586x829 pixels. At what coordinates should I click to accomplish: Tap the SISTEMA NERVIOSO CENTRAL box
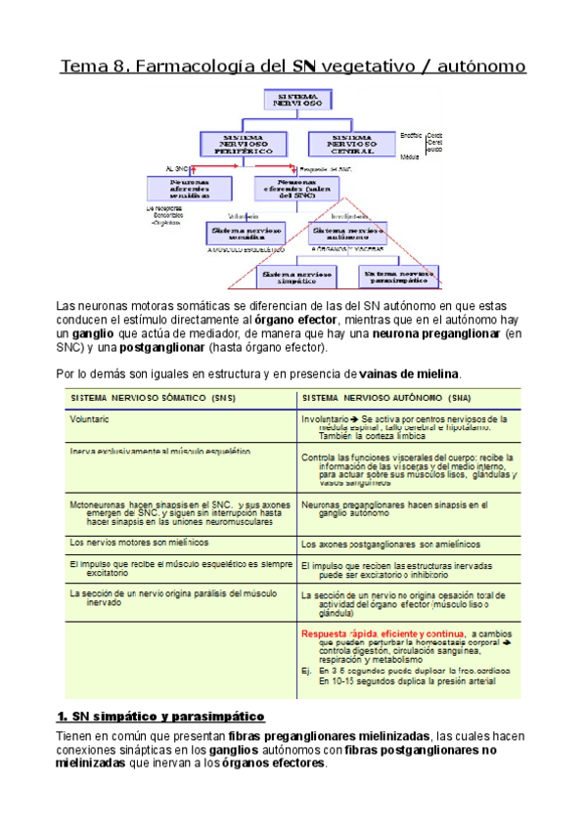click(x=351, y=144)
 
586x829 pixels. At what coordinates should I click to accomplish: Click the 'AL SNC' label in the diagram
click(x=176, y=169)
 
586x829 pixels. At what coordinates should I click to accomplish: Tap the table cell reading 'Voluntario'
click(x=89, y=418)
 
